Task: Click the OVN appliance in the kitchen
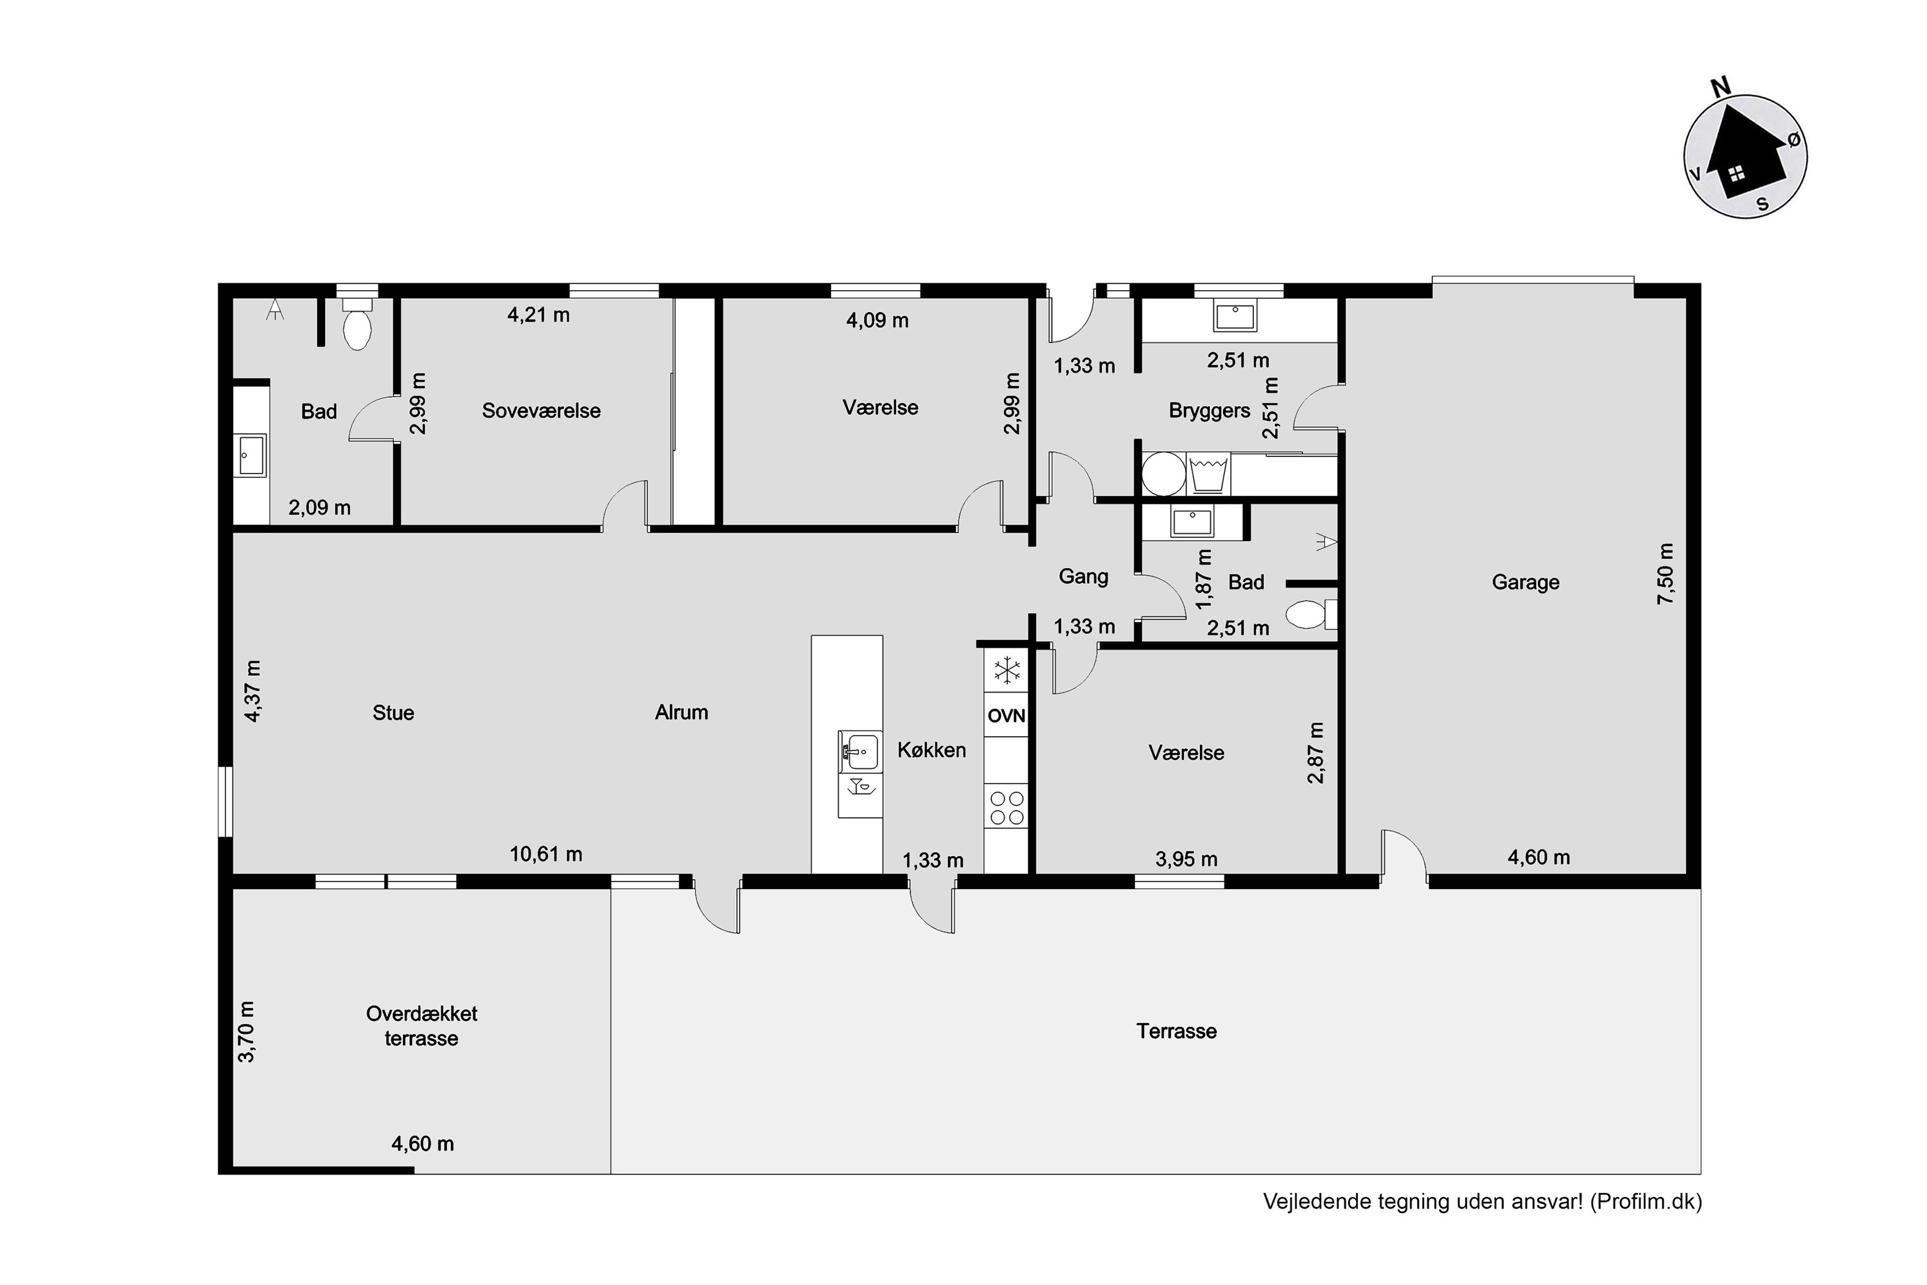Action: click(x=1005, y=716)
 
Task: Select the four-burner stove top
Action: click(x=1006, y=807)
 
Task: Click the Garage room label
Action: click(x=1525, y=583)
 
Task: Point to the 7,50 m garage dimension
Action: click(x=1666, y=574)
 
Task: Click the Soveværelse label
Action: click(x=541, y=411)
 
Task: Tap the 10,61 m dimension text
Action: click(x=545, y=855)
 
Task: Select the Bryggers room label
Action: click(x=1210, y=411)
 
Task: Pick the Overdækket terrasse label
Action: click(x=421, y=1026)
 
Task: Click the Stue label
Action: click(x=393, y=713)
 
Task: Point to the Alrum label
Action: click(x=681, y=712)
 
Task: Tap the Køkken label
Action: click(x=931, y=750)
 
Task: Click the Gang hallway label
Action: click(x=1083, y=577)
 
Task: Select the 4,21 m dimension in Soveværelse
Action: click(x=538, y=315)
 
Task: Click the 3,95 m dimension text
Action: click(x=1186, y=859)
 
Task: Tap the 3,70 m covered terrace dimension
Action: click(x=247, y=1032)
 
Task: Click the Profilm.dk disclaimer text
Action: click(x=1482, y=1201)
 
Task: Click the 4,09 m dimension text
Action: click(x=877, y=321)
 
